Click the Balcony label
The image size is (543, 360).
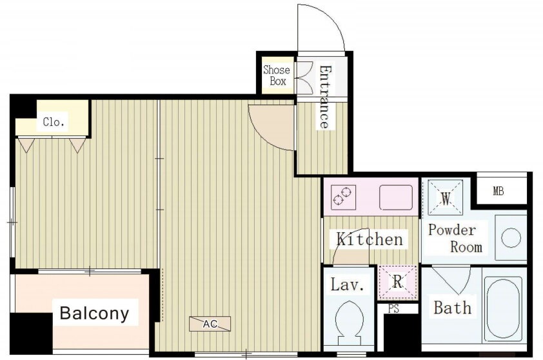pyautogui.click(x=95, y=313)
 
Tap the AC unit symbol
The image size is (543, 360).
pyautogui.click(x=210, y=324)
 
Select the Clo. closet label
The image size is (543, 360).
pyautogui.click(x=54, y=122)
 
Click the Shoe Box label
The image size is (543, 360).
pyautogui.click(x=277, y=75)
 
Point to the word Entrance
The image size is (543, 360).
pyautogui.click(x=324, y=97)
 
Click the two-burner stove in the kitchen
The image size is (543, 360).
pyautogui.click(x=343, y=197)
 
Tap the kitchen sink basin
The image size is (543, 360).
pyautogui.click(x=396, y=197)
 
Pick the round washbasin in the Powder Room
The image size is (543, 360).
pyautogui.click(x=511, y=238)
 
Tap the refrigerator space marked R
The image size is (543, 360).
pyautogui.click(x=397, y=282)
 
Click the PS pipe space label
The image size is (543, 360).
pyautogui.click(x=393, y=308)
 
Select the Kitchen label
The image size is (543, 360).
pyautogui.click(x=370, y=239)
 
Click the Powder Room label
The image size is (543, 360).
pyautogui.click(x=455, y=238)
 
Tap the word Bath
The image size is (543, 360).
pyautogui.click(x=452, y=307)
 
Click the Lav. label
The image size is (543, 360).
pyautogui.click(x=348, y=285)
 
